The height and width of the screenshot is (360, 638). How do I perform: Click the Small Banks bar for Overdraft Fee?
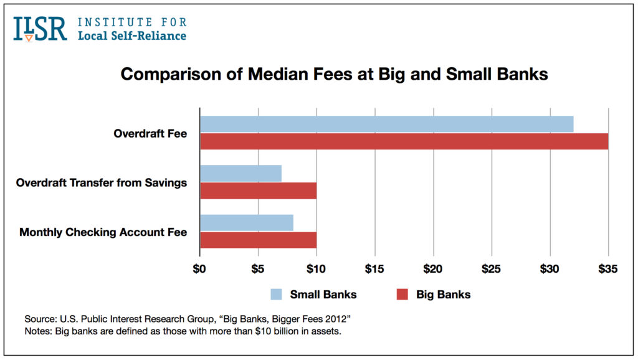(386, 124)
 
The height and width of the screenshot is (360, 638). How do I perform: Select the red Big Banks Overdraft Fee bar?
(404, 141)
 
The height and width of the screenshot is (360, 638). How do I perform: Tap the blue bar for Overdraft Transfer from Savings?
(240, 173)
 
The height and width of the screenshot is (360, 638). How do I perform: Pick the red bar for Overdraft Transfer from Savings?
(258, 191)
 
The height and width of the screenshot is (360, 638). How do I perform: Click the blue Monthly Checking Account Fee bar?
(246, 223)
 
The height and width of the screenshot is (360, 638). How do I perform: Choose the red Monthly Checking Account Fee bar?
(258, 240)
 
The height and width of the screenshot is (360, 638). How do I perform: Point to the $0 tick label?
(199, 269)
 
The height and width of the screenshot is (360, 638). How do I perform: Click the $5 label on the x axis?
(257, 269)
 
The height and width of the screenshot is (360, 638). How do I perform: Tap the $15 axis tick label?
(374, 269)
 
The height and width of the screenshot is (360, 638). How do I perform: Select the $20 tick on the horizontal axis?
(433, 269)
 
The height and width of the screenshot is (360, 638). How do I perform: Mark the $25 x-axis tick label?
(492, 269)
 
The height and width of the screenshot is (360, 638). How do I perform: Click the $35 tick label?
(607, 269)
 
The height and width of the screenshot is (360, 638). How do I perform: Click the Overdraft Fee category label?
(150, 133)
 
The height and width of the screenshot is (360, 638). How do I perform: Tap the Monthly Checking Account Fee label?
(103, 232)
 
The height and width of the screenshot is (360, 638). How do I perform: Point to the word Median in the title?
(253, 74)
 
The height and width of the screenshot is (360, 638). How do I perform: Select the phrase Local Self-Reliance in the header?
(131, 36)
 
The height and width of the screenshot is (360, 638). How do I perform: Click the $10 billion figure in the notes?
(255, 330)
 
